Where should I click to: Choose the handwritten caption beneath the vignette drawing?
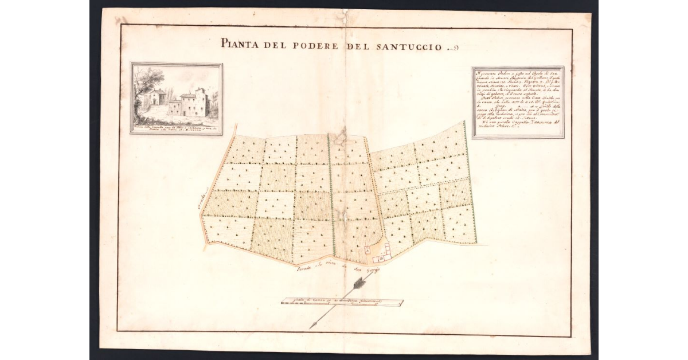click(x=176, y=127)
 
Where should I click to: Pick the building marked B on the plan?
click(x=381, y=259)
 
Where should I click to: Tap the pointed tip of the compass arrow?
click(x=311, y=327)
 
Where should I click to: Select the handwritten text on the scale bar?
click(x=342, y=300)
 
